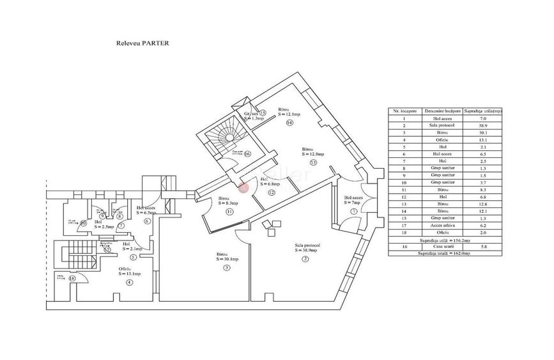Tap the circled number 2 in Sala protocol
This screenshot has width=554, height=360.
[305, 258]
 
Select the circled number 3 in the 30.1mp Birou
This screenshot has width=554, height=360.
[226, 267]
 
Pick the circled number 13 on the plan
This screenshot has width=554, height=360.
[313, 162]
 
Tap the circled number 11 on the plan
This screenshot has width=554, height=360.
[229, 212]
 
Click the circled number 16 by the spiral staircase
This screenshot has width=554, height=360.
[247, 153]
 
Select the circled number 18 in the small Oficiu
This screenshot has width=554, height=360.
[72, 278]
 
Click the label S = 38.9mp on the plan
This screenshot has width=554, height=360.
[307, 250]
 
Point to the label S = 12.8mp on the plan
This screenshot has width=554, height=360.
[313, 154]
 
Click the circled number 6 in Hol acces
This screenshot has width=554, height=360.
[147, 221]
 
